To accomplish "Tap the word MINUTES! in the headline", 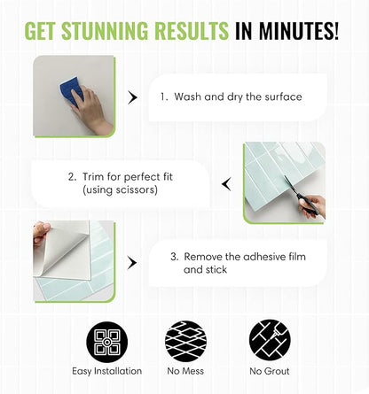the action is [298, 31].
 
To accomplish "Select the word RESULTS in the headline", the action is [192, 31].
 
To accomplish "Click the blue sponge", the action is [71, 90].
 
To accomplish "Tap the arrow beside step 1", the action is [132, 97].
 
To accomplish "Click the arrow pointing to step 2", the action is [226, 184].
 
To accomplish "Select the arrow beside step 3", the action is [132, 263].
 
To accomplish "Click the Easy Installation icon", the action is [107, 342].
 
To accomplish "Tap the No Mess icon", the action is [185, 341].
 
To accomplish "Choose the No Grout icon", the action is [270, 340].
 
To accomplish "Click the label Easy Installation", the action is [107, 371].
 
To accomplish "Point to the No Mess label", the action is [185, 371].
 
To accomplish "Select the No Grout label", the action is [270, 371].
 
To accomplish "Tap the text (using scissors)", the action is [120, 189].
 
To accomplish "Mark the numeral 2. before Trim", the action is [73, 177].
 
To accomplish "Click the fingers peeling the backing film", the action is [42, 233].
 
